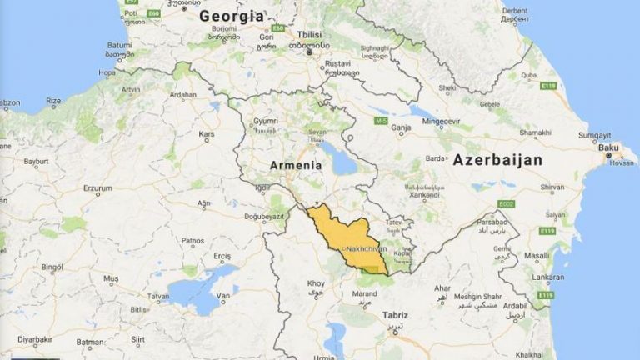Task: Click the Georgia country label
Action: point(232,16)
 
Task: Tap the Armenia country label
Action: point(295,166)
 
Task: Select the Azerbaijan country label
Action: point(497,160)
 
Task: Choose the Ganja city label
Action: point(402,128)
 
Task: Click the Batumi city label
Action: point(120,44)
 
